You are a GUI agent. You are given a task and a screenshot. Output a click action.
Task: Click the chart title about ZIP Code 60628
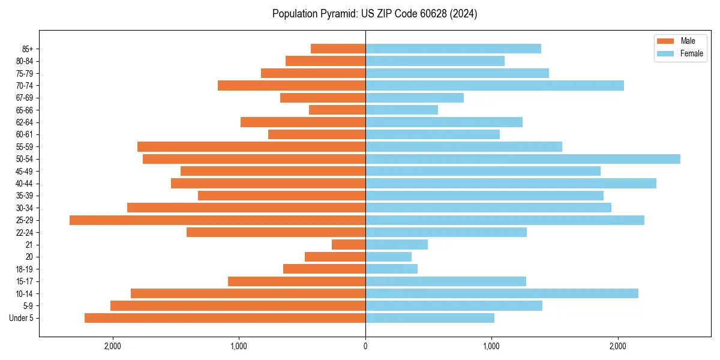tap(374, 14)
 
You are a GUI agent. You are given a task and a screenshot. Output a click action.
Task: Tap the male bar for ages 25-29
tap(217, 220)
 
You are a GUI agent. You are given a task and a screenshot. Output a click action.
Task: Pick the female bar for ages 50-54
tap(523, 159)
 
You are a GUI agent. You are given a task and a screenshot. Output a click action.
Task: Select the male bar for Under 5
tap(225, 318)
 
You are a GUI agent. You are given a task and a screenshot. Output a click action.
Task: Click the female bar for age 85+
tap(453, 49)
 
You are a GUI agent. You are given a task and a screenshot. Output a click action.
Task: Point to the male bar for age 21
tap(349, 245)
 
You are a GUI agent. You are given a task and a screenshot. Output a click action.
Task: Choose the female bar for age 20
tap(388, 257)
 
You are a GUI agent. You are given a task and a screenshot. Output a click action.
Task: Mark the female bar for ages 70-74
tap(494, 86)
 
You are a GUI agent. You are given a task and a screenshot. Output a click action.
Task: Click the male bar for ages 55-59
tap(251, 147)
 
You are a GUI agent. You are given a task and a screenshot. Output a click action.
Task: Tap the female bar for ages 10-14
tap(502, 293)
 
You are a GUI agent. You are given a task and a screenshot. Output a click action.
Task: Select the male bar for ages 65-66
tap(337, 110)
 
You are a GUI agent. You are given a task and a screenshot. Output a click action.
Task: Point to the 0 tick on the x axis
tap(365, 346)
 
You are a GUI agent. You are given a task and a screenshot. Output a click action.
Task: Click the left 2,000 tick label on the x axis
tap(113, 346)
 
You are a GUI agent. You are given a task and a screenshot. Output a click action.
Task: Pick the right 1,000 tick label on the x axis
tap(491, 346)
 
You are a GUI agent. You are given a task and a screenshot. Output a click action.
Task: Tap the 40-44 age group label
tap(25, 184)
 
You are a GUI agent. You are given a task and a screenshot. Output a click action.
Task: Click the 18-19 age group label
tap(25, 269)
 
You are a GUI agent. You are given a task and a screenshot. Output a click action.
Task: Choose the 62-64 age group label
tap(25, 122)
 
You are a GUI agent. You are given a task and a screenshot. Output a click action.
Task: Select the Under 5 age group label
tap(22, 318)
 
